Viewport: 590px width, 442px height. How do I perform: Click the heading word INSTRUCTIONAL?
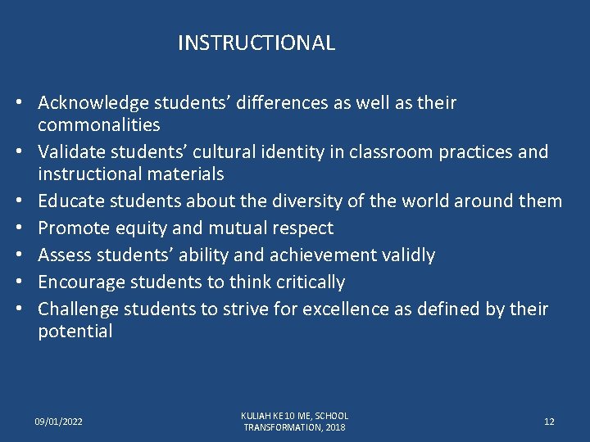[x=256, y=43]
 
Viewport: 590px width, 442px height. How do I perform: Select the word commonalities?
[x=99, y=125]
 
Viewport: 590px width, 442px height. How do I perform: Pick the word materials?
[x=186, y=174]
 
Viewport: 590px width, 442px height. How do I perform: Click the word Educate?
[x=70, y=201]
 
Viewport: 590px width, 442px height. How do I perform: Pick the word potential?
[x=75, y=331]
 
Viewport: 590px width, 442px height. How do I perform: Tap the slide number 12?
[x=549, y=422]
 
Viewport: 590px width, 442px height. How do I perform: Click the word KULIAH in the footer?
[x=257, y=416]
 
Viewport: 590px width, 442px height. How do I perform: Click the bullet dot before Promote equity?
[x=27, y=228]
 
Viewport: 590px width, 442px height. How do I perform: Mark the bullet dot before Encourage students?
[x=27, y=282]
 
